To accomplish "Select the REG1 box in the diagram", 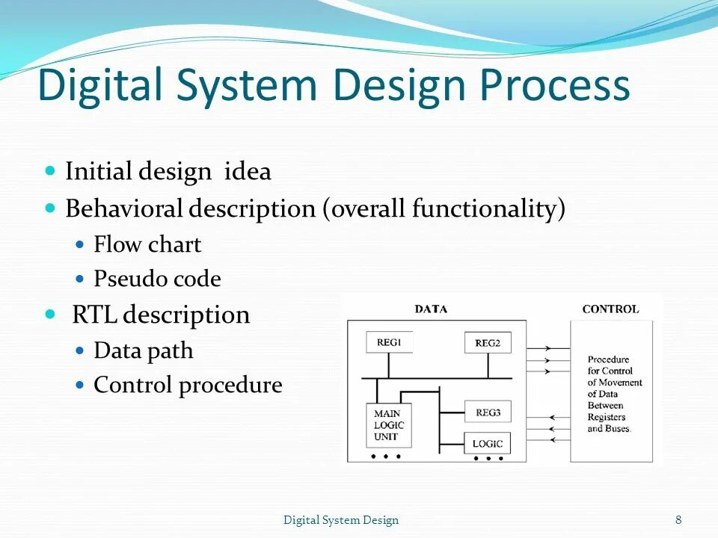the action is pos(389,342).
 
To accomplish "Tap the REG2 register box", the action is pos(488,343).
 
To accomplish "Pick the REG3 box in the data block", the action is pos(488,412).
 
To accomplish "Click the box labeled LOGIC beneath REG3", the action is pos(488,443).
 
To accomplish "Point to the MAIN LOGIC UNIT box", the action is pos(389,425).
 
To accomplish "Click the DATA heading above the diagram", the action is pos(431,309).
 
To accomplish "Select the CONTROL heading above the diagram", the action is pos(610,309).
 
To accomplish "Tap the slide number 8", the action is pos(678,520).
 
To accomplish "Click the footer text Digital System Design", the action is pos(341,520).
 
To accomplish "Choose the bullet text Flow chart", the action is pos(147,244).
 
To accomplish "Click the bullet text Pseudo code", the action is pos(157,279).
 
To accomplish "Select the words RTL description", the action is pos(161,315).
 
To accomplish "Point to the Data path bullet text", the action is pos(143,350).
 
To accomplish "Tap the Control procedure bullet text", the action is pos(188,386).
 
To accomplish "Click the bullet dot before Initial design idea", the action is pos(51,171).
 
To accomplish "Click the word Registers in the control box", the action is pos(607,418).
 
